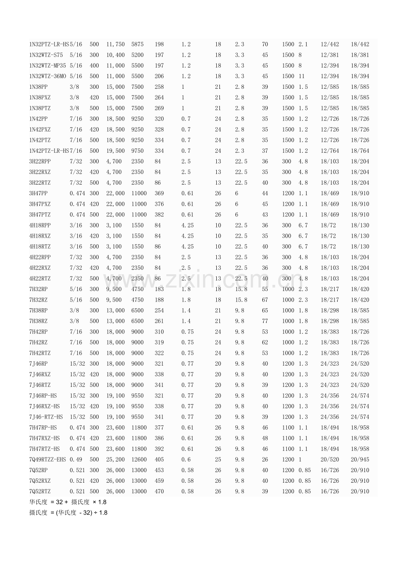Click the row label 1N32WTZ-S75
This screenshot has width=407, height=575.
[x=46, y=55]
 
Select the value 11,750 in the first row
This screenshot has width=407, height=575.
[x=115, y=45]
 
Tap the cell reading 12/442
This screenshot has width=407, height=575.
[x=330, y=45]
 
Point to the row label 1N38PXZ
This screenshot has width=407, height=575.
[x=40, y=98]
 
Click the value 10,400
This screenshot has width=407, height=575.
[x=115, y=55]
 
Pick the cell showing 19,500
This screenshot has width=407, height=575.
[x=115, y=151]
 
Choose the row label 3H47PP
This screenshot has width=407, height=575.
[x=38, y=193]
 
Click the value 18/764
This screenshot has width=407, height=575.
[x=360, y=151]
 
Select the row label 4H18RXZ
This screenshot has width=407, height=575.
[x=40, y=236]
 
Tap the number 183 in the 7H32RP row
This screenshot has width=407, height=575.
[x=159, y=289]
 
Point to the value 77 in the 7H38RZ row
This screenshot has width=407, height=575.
[x=265, y=321]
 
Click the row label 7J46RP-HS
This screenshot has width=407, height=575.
[x=43, y=396]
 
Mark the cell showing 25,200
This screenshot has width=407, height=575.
[x=115, y=460]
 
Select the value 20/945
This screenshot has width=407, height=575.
[x=360, y=460]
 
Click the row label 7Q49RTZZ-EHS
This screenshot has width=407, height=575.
[x=47, y=460]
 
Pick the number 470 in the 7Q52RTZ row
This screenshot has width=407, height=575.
[x=159, y=492]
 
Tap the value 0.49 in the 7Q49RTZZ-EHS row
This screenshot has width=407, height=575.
[x=76, y=460]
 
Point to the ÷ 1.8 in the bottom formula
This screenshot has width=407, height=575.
[x=100, y=513]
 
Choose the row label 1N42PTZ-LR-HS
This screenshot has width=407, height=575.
[x=49, y=151]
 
